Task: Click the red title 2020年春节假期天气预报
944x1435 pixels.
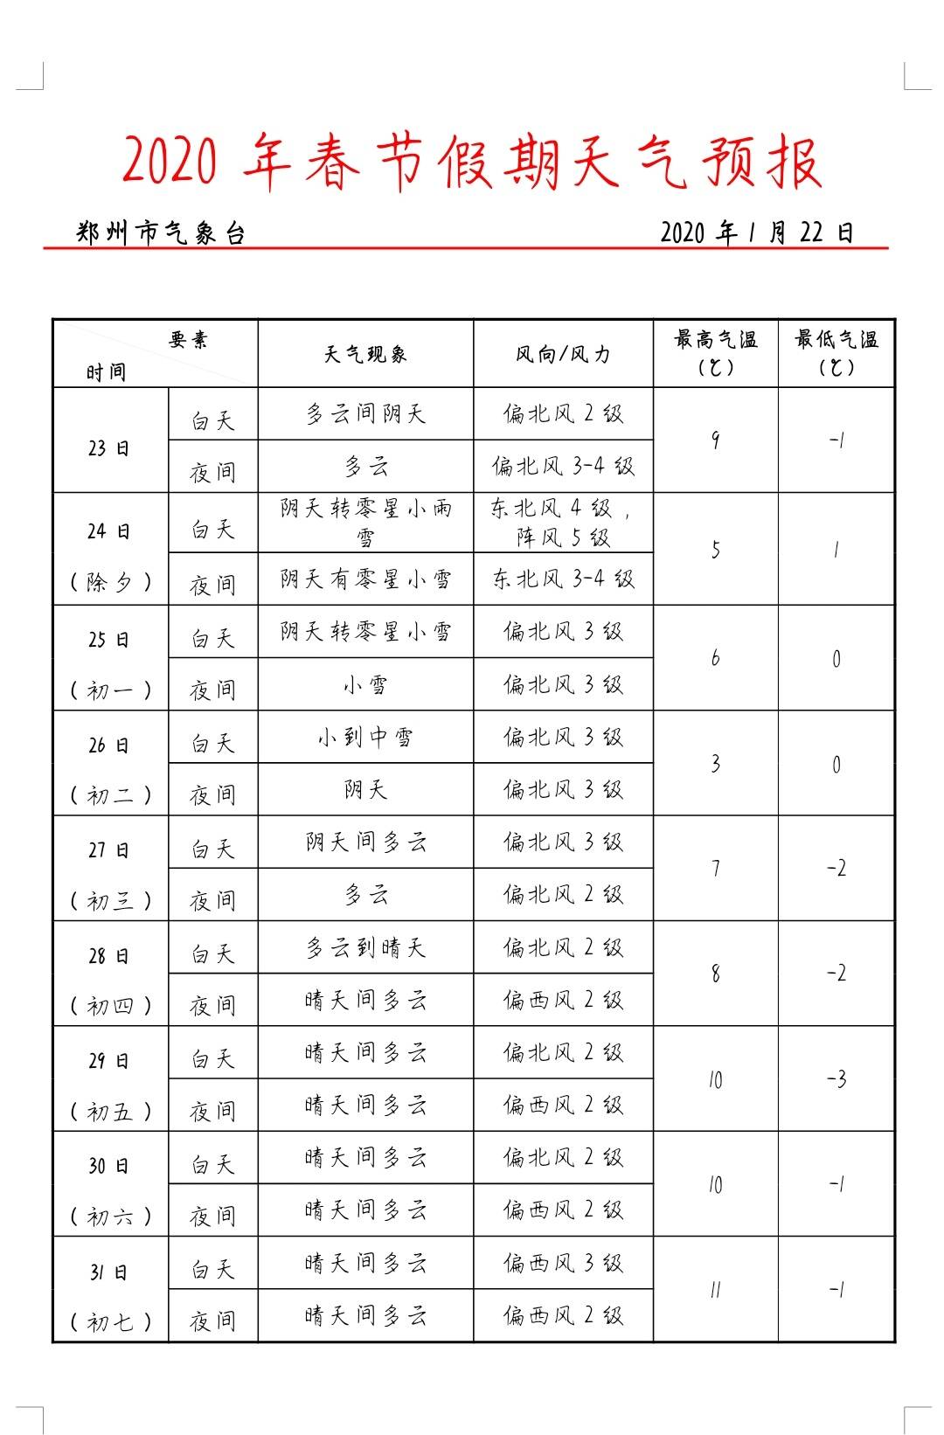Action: (x=472, y=163)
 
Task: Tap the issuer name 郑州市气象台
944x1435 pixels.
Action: (x=161, y=233)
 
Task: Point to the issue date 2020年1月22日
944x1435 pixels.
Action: (x=756, y=232)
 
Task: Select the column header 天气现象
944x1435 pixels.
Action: (x=365, y=354)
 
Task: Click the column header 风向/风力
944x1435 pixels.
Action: (x=563, y=354)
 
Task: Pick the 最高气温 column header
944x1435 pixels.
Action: (x=715, y=352)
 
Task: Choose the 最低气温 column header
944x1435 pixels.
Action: (x=836, y=352)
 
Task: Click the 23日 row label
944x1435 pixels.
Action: (x=109, y=448)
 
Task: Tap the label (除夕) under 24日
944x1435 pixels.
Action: (x=110, y=582)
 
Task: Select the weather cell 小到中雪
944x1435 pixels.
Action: (x=365, y=738)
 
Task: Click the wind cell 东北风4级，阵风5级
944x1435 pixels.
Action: (x=563, y=523)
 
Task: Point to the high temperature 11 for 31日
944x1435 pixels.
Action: (x=715, y=1290)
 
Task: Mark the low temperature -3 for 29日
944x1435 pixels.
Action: (x=836, y=1079)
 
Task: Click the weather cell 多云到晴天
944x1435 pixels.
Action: (x=365, y=948)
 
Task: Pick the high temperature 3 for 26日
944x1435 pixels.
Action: (x=715, y=764)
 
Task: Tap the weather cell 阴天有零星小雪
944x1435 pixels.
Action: (x=365, y=579)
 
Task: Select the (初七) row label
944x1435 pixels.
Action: (x=110, y=1322)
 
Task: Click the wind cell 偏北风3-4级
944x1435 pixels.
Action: (x=563, y=467)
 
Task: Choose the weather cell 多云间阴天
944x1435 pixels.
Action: (x=365, y=414)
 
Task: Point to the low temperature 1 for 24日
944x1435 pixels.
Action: (x=836, y=550)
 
